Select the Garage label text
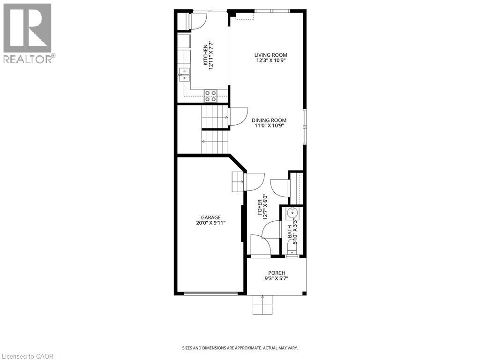211,217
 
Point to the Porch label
277,273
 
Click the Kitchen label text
205,56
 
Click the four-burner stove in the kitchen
210,96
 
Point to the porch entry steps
262,305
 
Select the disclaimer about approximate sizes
240,348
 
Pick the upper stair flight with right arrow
214,117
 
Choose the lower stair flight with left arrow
214,142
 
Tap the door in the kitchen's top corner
197,21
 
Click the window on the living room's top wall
272,11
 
